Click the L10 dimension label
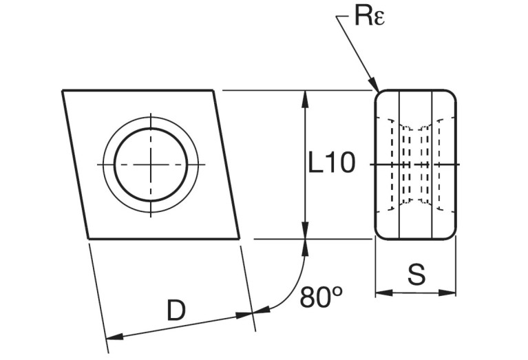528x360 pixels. tap(331, 164)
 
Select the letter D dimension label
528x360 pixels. tap(176, 311)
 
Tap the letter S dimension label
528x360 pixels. tap(416, 275)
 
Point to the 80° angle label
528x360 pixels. tap(321, 297)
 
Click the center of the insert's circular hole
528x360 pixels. tap(151, 165)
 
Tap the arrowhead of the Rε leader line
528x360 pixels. tap(376, 87)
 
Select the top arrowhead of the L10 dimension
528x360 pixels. tap(305, 97)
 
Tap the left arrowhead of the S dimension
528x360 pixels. tap(381, 293)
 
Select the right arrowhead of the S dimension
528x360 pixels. tap(451, 293)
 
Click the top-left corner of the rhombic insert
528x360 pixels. tap(63, 90)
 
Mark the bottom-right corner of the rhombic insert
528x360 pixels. tap(240, 239)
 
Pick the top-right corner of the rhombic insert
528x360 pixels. tap(212, 90)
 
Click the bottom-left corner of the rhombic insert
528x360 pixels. tap(89, 239)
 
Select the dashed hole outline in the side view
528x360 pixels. tap(414, 165)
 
